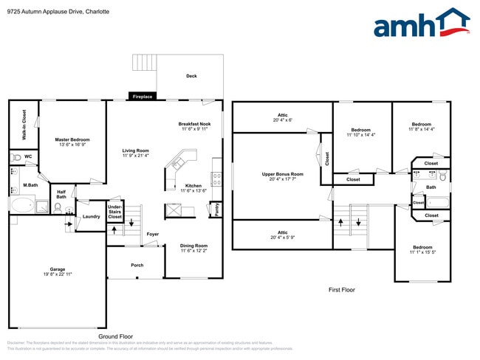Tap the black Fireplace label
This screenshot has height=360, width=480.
pyautogui.click(x=141, y=97)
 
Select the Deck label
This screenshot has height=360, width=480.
pyautogui.click(x=191, y=76)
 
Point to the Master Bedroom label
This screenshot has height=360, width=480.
pyautogui.click(x=72, y=139)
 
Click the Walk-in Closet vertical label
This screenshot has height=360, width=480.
pyautogui.click(x=24, y=125)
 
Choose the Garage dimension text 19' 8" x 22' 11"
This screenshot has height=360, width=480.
pyautogui.click(x=57, y=274)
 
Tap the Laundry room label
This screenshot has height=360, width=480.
pyautogui.click(x=91, y=216)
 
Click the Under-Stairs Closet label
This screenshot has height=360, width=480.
pyautogui.click(x=115, y=212)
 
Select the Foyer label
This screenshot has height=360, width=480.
pyautogui.click(x=152, y=234)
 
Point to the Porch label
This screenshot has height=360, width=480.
pyautogui.click(x=137, y=265)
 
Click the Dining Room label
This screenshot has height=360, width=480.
pyautogui.click(x=194, y=246)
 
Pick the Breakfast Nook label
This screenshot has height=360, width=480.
pyautogui.click(x=194, y=124)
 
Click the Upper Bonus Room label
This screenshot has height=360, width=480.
pyautogui.click(x=282, y=174)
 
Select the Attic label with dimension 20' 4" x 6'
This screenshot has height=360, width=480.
pyautogui.click(x=282, y=115)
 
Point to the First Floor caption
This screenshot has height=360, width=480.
pyautogui.click(x=341, y=290)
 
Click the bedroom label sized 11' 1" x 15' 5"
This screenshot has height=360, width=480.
pyautogui.click(x=422, y=247)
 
